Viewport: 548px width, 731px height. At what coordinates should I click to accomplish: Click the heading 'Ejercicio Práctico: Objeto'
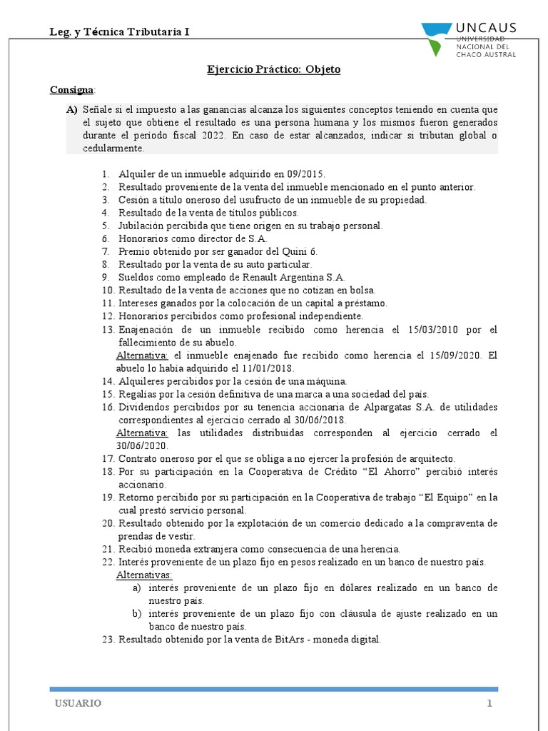pos(274,69)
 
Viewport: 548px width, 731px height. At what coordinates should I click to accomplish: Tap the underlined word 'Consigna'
pos(71,90)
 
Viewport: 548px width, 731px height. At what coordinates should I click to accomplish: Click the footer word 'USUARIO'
pos(78,703)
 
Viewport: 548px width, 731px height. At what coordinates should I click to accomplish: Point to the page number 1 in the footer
pos(490,703)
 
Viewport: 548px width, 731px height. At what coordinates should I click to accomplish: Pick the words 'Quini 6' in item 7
pos(302,251)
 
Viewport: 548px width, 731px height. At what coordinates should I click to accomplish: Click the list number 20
pos(108,523)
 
